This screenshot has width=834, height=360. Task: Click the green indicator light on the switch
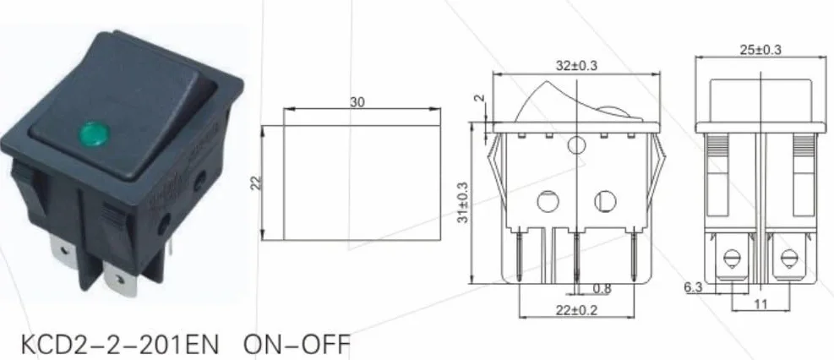coord(94,131)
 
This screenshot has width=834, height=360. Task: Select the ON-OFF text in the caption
coord(297,345)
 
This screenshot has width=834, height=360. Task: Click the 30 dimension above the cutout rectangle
coord(357,101)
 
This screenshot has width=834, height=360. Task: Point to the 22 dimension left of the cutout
coord(256,183)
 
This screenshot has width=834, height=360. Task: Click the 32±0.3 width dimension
coord(577,66)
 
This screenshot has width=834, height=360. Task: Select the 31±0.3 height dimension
coord(463,203)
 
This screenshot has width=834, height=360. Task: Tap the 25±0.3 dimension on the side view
coord(760,49)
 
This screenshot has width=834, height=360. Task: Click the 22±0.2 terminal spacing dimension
coord(576,310)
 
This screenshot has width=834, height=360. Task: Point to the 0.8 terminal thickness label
coord(602,289)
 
